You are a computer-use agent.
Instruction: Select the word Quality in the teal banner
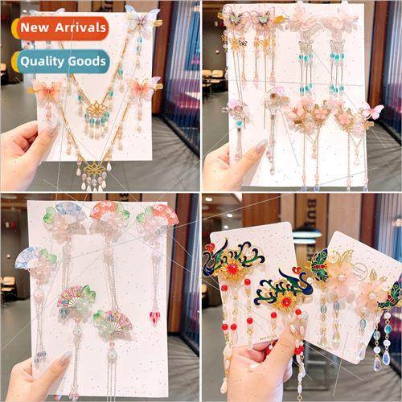pos(43,60)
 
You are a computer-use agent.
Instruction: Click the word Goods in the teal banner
pos(86,60)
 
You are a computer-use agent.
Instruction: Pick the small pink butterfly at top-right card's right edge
pos(373,112)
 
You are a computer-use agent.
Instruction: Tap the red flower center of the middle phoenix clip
pos(285,300)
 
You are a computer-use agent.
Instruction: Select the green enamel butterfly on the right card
pos(320,261)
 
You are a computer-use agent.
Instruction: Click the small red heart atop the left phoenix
pos(211,248)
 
